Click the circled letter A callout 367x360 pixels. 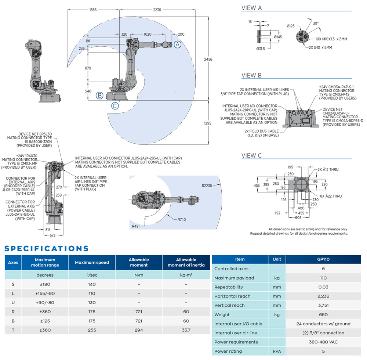177,44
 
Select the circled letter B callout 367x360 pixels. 99,96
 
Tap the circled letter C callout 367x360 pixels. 115,106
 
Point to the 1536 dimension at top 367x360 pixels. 93,10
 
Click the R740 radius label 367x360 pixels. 182,220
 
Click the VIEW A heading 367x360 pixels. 251,8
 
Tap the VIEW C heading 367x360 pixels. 251,155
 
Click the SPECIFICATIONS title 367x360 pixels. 47,248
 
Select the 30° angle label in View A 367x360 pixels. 316,23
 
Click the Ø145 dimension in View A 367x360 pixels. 277,36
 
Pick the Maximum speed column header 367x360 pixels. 92,262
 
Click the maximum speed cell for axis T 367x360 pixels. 92,330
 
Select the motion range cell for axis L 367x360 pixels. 45,293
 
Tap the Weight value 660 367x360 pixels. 323,314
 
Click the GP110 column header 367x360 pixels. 323,259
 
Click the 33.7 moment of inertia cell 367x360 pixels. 186,330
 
